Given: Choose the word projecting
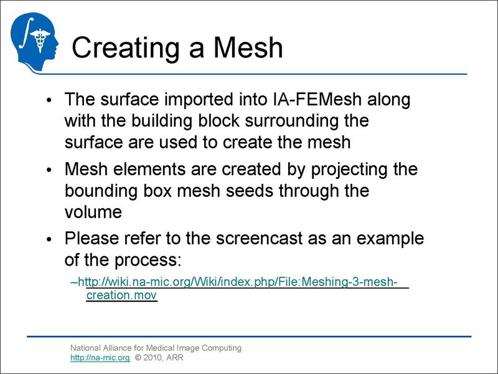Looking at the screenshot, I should [347, 170].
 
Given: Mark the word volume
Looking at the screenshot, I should [93, 211].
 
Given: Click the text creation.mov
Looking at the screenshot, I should [121, 295].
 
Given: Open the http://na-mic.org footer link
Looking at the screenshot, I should [100, 358].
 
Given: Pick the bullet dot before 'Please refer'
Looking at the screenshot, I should [50, 239].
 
